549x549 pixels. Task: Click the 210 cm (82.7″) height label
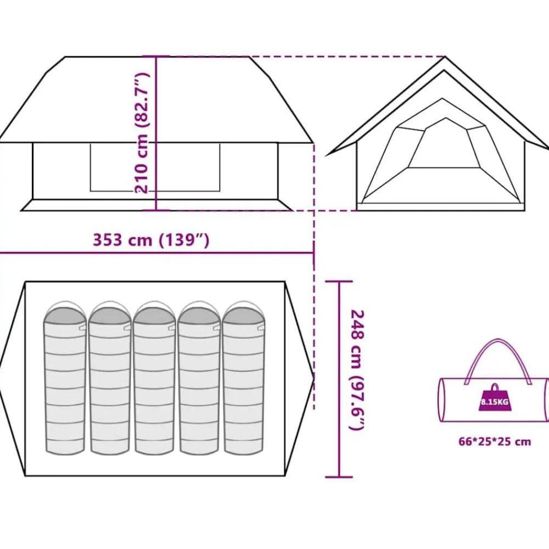[142, 133]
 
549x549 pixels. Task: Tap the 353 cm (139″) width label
[151, 240]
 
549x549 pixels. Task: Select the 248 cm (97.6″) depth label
[357, 370]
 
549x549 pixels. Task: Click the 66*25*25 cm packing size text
[495, 441]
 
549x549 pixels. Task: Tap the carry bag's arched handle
[497, 360]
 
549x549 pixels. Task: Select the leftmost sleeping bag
[65, 378]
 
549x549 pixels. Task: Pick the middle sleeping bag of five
[154, 378]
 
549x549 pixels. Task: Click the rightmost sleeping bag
[244, 378]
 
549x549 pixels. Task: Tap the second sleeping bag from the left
[110, 378]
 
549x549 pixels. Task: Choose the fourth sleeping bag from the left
[199, 378]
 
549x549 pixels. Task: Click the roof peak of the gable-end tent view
[445, 57]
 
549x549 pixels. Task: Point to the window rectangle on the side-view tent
[155, 167]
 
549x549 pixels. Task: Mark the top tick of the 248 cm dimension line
[339, 281]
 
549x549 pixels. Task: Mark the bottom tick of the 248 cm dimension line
[339, 477]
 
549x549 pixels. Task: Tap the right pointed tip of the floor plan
[313, 378]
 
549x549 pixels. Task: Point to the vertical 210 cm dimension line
[156, 133]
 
